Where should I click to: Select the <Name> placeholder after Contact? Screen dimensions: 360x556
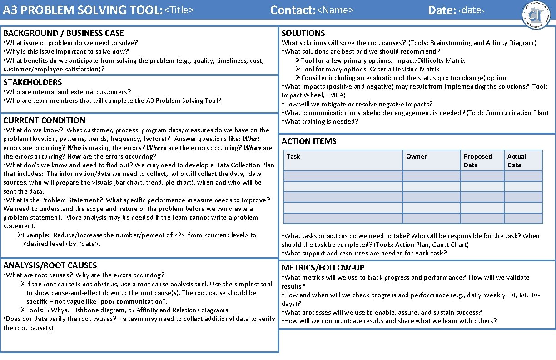point(335,10)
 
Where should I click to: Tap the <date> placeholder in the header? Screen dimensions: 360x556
point(472,10)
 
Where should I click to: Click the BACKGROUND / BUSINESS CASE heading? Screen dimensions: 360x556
point(64,33)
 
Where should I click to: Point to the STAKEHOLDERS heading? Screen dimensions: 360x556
point(33,82)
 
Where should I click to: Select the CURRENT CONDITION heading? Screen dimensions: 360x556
point(44,120)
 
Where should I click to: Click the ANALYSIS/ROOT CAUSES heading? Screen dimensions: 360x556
point(50,265)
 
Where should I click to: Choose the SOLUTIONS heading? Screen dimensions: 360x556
point(303,33)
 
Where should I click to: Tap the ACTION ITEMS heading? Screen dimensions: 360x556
point(309,141)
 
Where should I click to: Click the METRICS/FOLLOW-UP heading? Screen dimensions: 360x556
point(323,268)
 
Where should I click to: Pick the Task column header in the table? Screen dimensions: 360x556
point(293,156)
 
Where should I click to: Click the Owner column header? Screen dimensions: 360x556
point(416,156)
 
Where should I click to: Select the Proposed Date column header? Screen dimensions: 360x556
point(477,160)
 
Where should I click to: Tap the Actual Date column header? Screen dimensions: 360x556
point(516,160)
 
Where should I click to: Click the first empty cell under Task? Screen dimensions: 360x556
point(343,176)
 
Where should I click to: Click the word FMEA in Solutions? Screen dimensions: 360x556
point(336,95)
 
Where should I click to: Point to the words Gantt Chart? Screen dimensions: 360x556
point(453,245)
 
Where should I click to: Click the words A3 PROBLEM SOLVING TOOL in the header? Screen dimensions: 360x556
point(82,10)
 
